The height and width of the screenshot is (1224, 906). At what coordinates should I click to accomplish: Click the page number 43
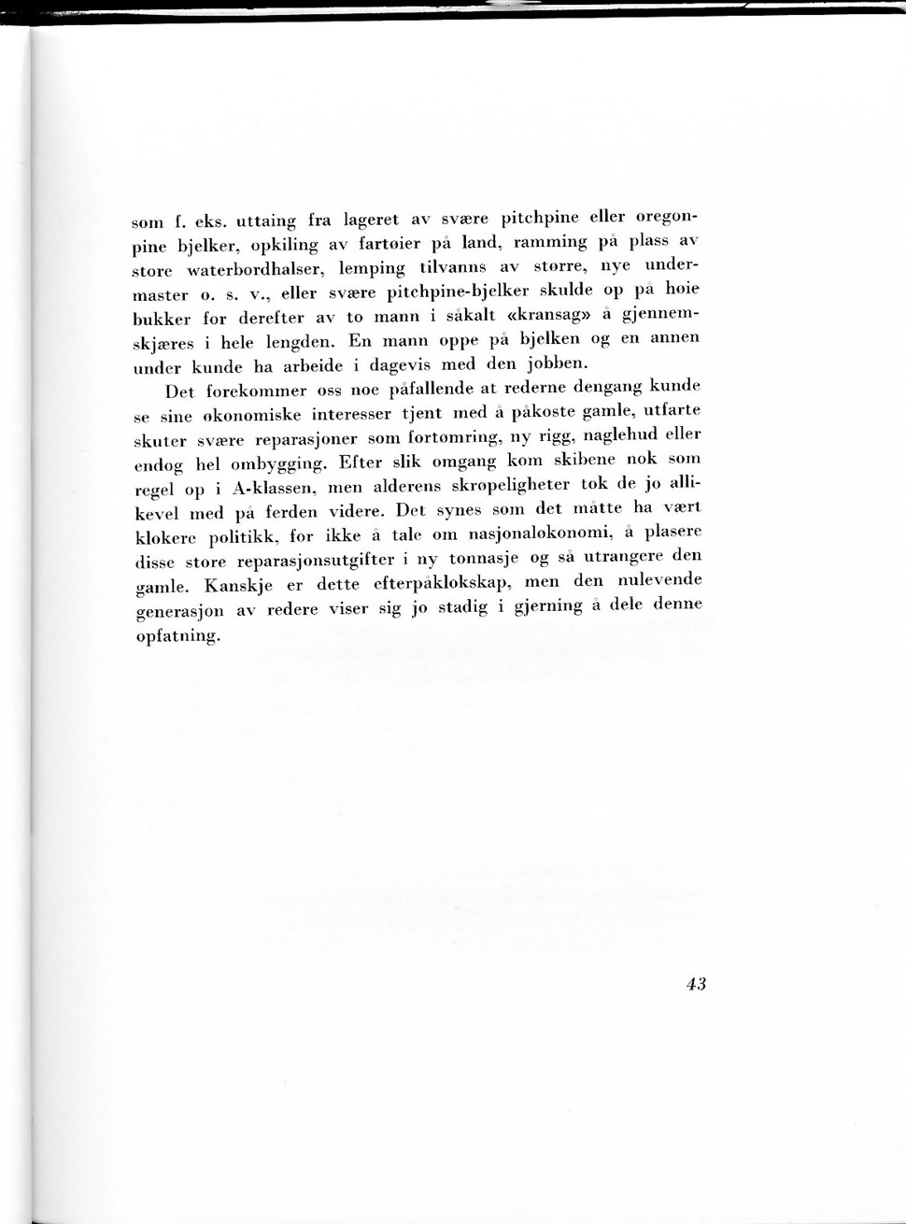[x=695, y=983]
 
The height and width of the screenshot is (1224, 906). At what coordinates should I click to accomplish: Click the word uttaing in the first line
[x=266, y=221]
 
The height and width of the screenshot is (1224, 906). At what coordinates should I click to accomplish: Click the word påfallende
[x=436, y=388]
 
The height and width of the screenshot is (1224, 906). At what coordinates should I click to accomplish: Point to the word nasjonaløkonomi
[x=530, y=534]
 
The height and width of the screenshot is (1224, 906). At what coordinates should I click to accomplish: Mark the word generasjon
[x=179, y=612]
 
